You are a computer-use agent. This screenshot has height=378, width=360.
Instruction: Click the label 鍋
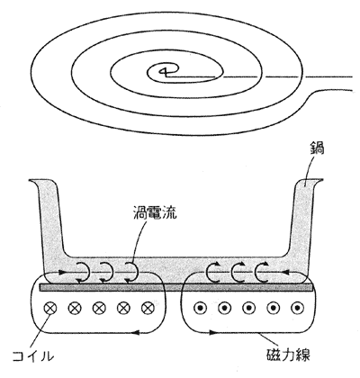click(317, 148)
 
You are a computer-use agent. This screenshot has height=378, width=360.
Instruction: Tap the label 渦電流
click(155, 213)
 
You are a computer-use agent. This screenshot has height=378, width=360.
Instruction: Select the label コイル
click(33, 356)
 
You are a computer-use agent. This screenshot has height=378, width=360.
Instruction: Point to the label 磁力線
click(288, 355)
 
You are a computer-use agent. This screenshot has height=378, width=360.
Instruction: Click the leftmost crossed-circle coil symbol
click(49, 308)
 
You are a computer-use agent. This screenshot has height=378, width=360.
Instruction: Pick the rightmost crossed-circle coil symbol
click(147, 308)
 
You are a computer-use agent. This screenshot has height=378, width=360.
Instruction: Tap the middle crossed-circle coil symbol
click(98, 308)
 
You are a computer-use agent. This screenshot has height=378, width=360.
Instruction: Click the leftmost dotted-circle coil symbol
click(200, 308)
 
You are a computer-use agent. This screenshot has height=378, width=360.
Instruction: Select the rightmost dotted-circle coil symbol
click(297, 308)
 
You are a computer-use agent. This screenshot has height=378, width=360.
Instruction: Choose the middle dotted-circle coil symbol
click(248, 308)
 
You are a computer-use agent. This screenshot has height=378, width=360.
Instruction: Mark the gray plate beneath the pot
click(175, 287)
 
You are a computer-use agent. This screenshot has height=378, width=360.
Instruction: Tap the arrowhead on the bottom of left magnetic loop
click(136, 332)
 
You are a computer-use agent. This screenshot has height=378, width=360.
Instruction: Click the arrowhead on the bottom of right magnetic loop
click(212, 332)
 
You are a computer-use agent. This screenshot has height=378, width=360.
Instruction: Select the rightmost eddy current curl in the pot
click(262, 272)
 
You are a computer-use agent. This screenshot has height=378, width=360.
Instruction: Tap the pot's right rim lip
click(313, 182)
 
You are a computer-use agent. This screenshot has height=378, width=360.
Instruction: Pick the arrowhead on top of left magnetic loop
click(62, 273)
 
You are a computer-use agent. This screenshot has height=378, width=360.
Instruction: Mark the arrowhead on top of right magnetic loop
click(285, 273)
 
